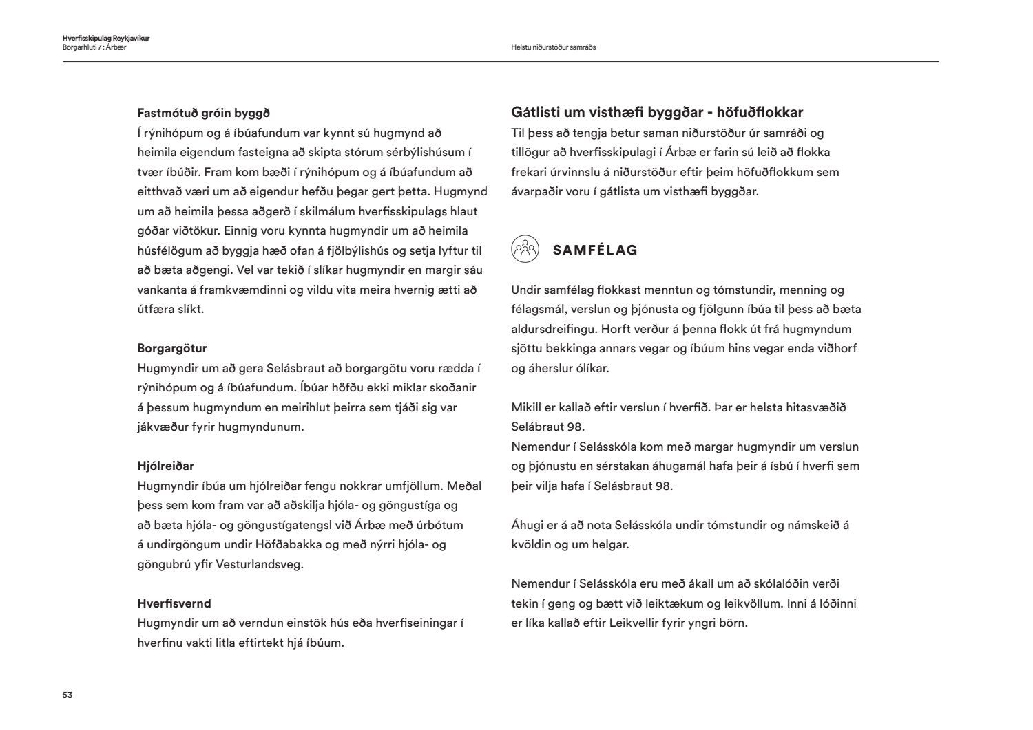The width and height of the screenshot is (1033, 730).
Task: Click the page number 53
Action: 67,695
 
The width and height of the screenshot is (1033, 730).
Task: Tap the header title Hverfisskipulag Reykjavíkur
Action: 105,39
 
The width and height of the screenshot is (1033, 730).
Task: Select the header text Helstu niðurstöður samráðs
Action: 553,47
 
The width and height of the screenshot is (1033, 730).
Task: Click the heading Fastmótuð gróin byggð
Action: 203,113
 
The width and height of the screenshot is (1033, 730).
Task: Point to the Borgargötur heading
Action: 172,348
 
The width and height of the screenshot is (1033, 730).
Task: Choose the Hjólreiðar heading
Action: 165,466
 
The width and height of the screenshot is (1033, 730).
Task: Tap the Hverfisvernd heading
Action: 174,603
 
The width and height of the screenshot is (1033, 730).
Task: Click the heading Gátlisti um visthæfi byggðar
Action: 657,112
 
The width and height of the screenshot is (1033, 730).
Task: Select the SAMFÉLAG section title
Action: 595,250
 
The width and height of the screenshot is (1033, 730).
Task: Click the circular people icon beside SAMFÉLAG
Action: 525,249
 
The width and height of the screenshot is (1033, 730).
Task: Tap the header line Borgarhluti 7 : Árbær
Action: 94,47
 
